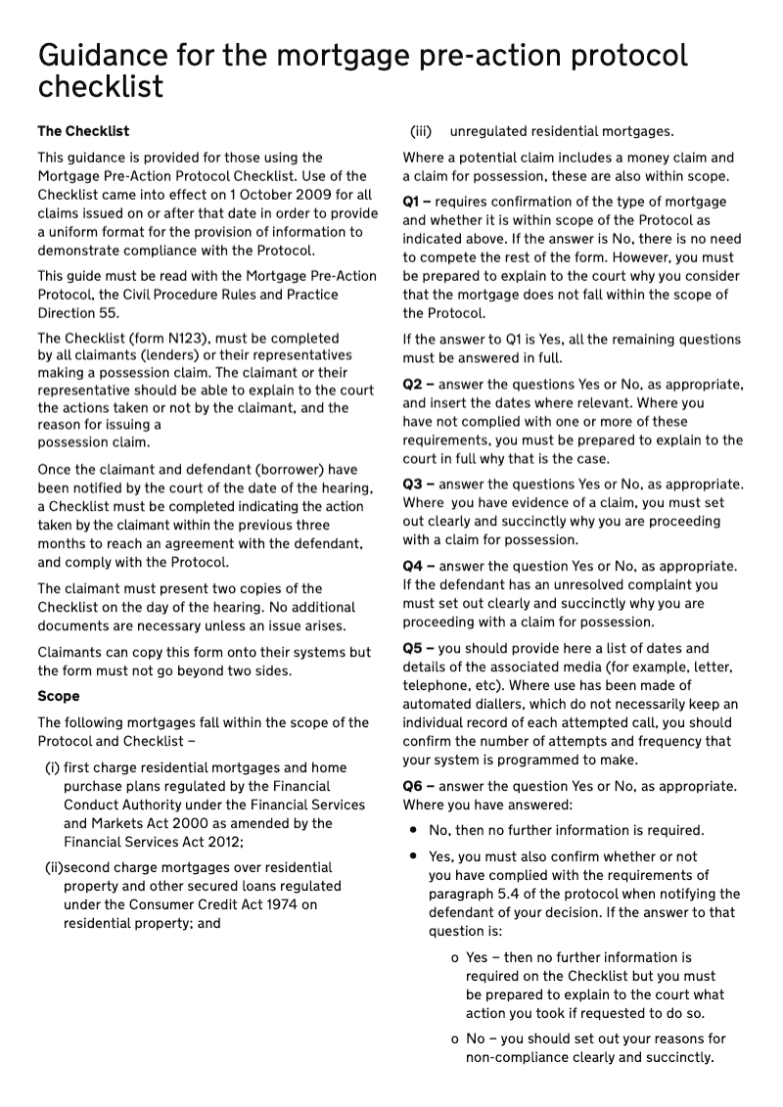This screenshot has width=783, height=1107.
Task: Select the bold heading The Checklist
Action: (83, 130)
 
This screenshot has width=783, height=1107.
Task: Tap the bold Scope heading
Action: (59, 696)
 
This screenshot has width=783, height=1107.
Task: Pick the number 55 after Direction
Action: (111, 312)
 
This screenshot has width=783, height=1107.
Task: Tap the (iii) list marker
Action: (421, 131)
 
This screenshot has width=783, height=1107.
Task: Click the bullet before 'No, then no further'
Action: (414, 830)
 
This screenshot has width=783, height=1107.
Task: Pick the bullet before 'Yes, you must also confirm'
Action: (414, 856)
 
